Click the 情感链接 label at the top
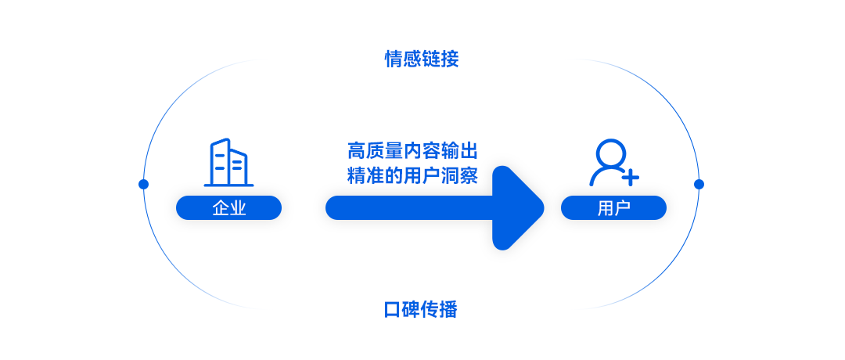[x=422, y=59]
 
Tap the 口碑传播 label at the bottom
[x=422, y=309]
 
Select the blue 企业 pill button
[x=228, y=208]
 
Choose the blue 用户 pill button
[x=613, y=208]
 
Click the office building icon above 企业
[x=228, y=162]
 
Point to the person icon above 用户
[x=614, y=162]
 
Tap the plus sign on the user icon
[x=630, y=177]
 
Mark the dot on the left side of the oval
[x=143, y=185]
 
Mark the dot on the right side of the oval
[x=699, y=185]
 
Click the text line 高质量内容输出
[x=413, y=151]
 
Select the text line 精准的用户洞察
[x=413, y=175]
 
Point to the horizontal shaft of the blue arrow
[x=409, y=208]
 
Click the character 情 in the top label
[x=394, y=59]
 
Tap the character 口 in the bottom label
[x=394, y=309]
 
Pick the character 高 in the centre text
[x=357, y=151]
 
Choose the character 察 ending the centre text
[x=469, y=175]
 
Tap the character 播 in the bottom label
[x=449, y=309]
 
